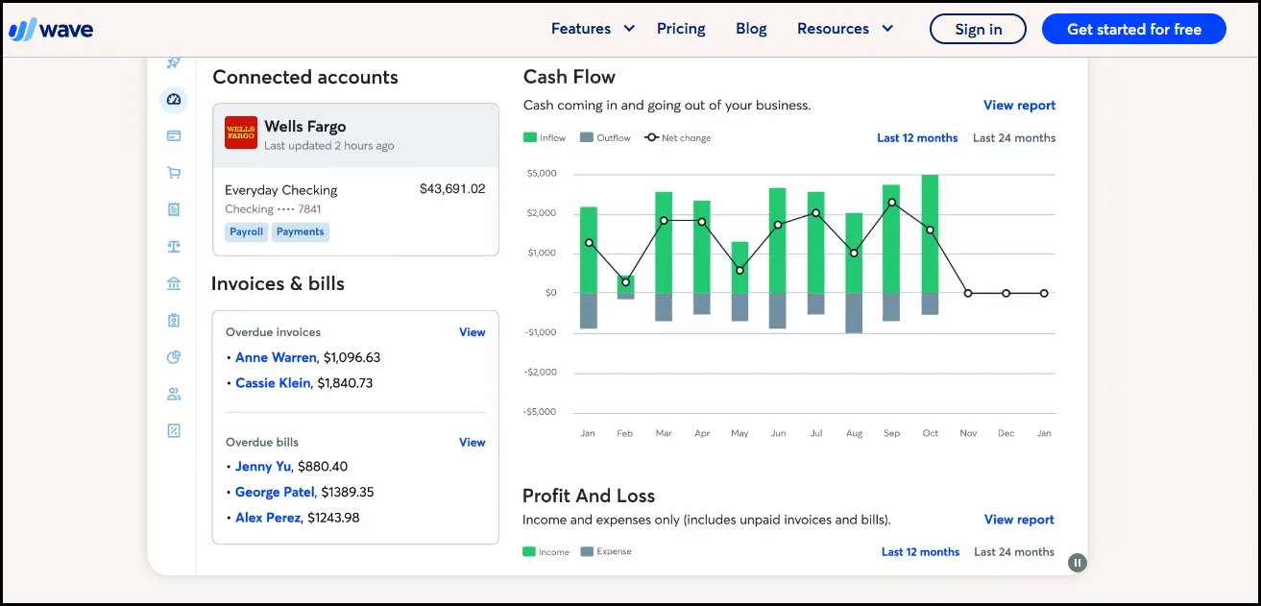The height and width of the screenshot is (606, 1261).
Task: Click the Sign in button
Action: pos(978,29)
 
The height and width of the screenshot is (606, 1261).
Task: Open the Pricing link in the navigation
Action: pos(681,29)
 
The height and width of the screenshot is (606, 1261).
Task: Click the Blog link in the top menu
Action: pos(751,29)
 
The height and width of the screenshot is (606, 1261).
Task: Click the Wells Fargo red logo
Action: pos(241,133)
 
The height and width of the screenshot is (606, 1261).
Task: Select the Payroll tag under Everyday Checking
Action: pos(246,231)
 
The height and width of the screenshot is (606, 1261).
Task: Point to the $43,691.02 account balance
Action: pos(452,189)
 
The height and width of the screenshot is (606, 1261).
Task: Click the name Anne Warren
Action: pos(276,357)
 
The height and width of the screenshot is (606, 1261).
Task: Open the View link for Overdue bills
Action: pos(472,443)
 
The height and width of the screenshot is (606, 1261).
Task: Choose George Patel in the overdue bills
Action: pos(275,492)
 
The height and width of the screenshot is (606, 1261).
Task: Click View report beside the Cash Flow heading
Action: pos(1019,106)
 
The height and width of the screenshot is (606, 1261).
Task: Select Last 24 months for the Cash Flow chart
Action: pos(1013,138)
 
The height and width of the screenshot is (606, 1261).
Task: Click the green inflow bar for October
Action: pos(930,233)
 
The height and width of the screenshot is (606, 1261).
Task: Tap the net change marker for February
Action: pos(625,282)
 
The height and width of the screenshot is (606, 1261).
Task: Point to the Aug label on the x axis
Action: pos(854,433)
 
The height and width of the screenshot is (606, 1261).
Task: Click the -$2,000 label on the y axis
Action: pos(541,373)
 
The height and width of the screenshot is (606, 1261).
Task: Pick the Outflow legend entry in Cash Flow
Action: pos(606,138)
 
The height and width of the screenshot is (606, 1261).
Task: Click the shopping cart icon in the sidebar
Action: pos(174,173)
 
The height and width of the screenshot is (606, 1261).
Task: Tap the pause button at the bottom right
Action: pos(1078,563)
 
